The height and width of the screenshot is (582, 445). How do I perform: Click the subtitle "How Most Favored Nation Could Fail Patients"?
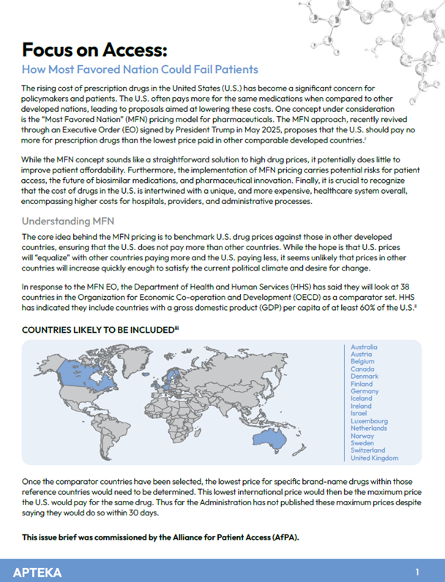[x=140, y=69]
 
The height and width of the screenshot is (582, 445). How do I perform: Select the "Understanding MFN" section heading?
[x=69, y=220]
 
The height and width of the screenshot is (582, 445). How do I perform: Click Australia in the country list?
[x=364, y=347]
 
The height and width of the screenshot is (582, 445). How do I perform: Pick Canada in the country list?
[x=363, y=369]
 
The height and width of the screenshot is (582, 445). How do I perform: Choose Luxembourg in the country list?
[x=370, y=421]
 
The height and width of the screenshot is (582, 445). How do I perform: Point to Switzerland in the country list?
[x=370, y=450]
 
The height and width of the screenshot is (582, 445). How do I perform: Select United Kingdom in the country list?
[x=375, y=458]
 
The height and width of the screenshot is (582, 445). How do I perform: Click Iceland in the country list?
[x=362, y=398]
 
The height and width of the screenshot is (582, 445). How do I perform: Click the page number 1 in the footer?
[x=416, y=570]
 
